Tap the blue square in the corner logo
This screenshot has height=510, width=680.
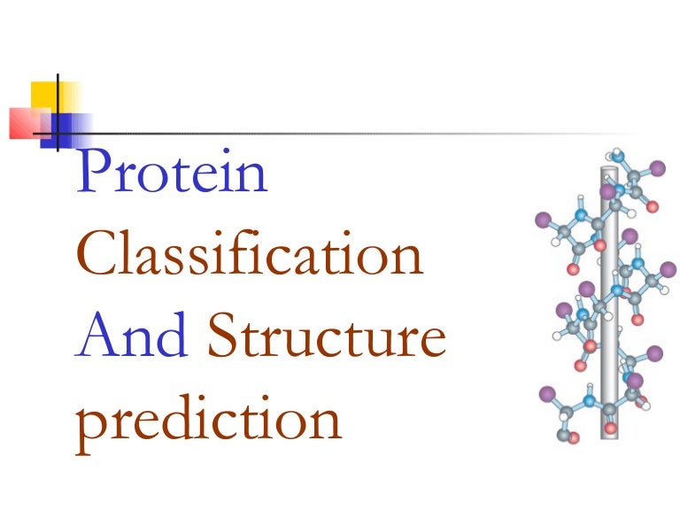point(71,128)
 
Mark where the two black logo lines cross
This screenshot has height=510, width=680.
point(58,134)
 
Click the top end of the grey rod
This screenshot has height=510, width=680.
point(608,169)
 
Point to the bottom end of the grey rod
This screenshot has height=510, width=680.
point(608,433)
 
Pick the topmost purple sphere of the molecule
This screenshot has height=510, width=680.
point(657,166)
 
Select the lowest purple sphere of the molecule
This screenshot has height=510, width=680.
point(546,391)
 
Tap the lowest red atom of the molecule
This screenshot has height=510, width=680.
point(573,437)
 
